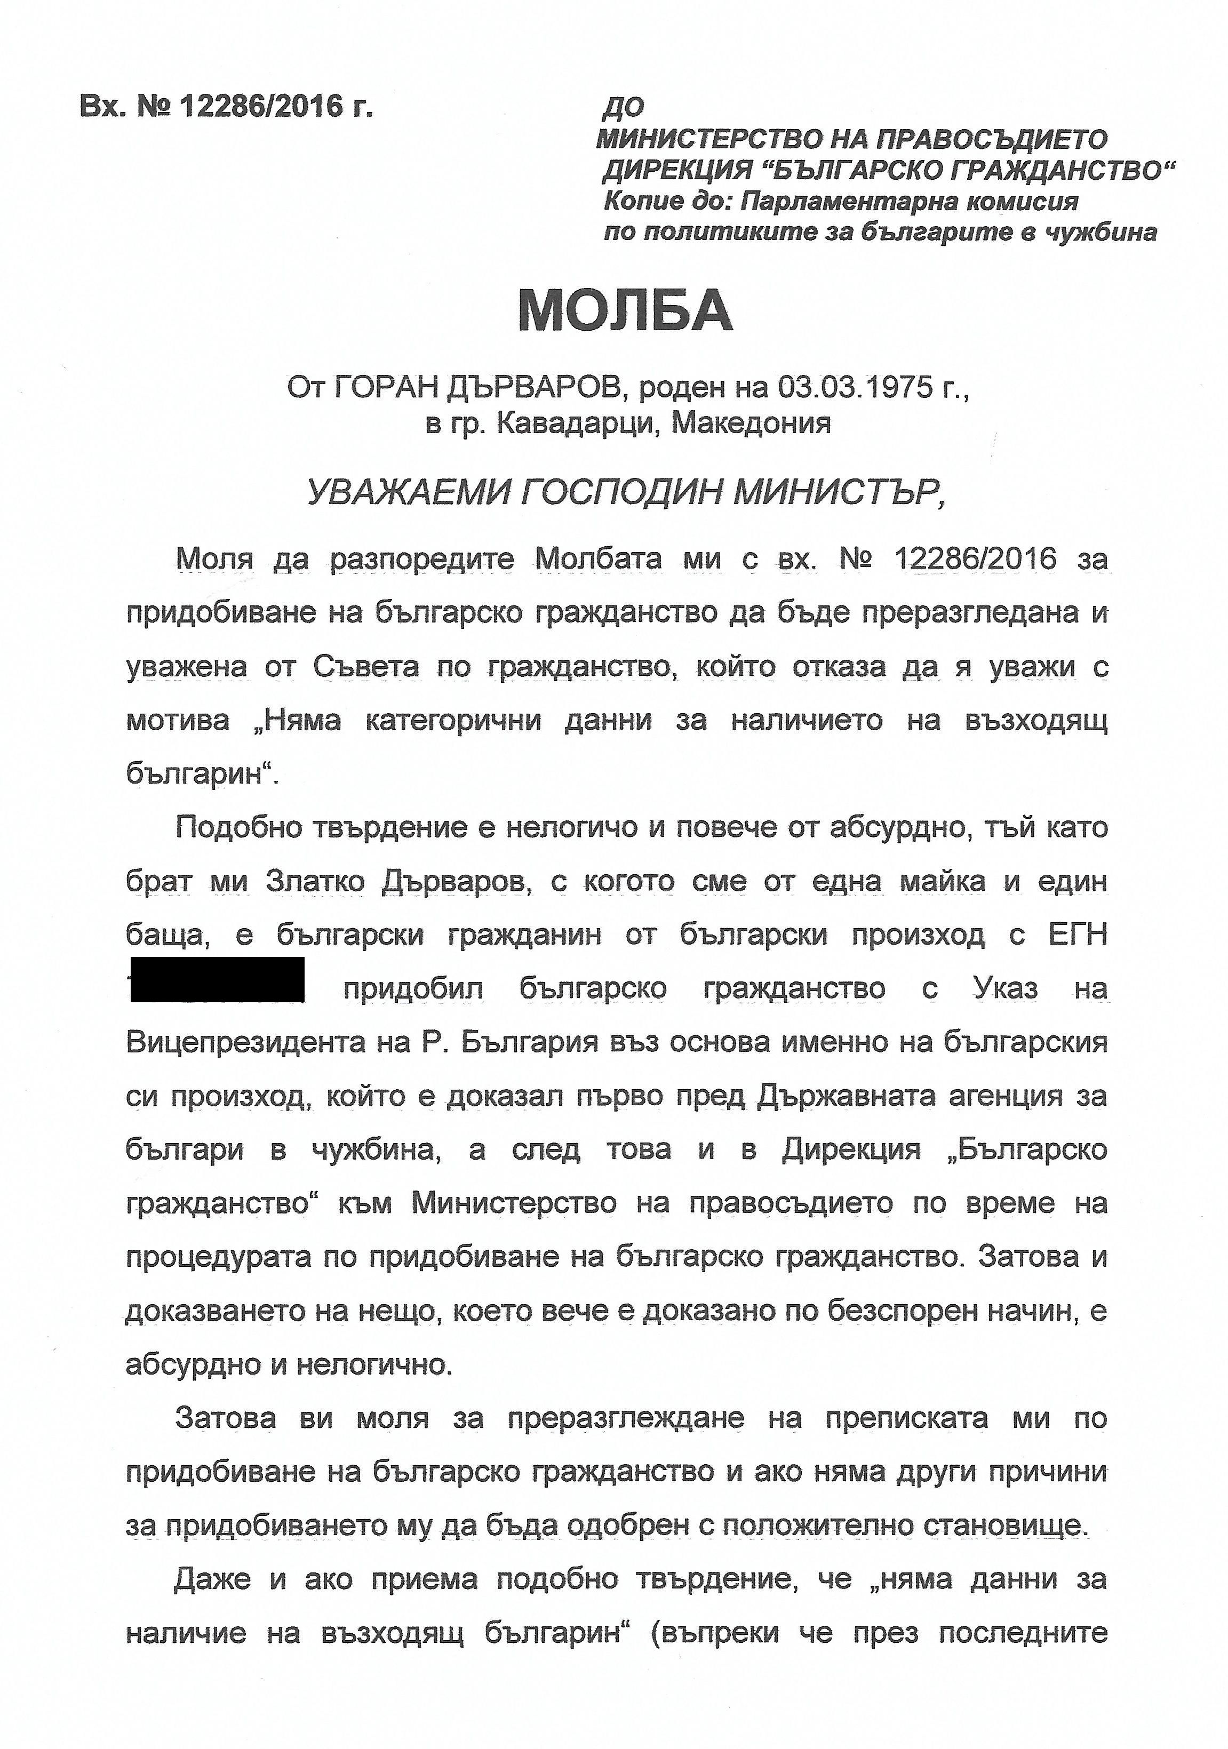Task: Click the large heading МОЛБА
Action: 625,311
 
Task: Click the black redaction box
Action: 218,980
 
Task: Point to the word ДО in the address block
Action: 623,109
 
